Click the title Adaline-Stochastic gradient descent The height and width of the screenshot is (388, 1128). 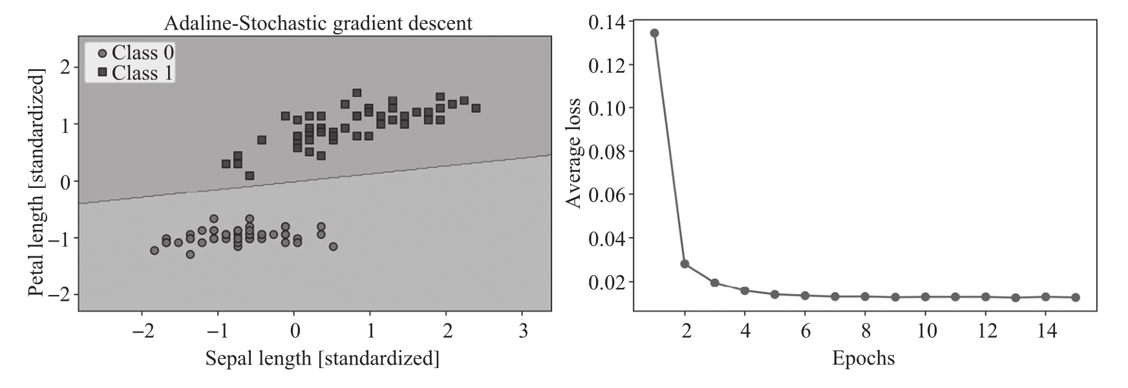pos(318,24)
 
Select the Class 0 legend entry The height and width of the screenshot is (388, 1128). pos(135,52)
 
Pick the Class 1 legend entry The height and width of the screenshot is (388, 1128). pos(135,73)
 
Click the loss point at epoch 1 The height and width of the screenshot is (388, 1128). pos(654,33)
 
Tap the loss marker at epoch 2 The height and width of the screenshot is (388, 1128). pos(685,264)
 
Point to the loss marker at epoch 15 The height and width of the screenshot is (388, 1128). pos(1076,298)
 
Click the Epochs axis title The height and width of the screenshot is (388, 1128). pos(863,358)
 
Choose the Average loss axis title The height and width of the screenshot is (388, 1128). pos(573,154)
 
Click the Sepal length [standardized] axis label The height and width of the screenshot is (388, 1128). pos(322,358)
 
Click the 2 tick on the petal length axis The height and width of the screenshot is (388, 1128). pos(65,66)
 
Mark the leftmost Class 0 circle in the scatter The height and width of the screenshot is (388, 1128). pos(154,250)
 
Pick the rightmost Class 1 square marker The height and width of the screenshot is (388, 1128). pos(476,108)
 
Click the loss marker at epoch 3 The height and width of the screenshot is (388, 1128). pos(714,283)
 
